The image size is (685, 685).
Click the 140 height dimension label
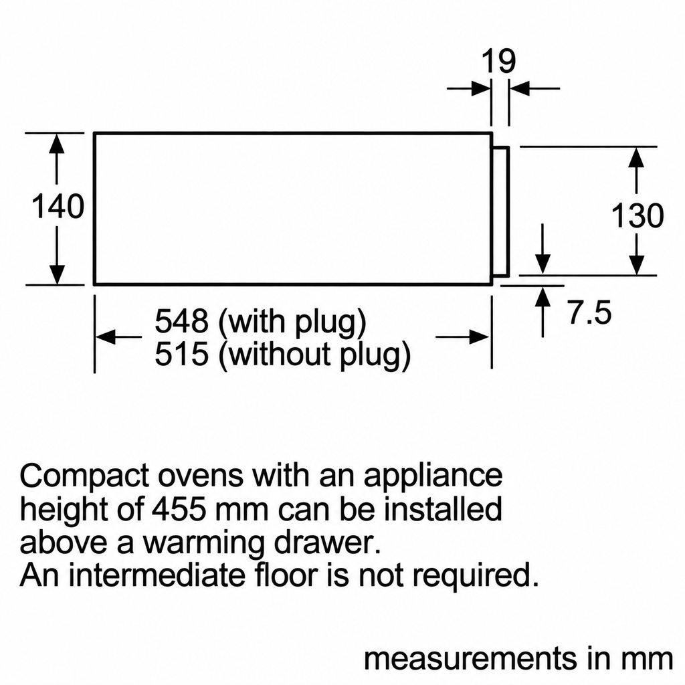coord(58,207)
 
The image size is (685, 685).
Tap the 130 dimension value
coord(638,215)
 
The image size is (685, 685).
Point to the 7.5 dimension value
coord(590,312)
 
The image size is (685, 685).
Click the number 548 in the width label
coord(182,321)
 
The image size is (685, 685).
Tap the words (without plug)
coord(314,356)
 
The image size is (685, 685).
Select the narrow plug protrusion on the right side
coord(501,211)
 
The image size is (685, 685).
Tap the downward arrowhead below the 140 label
coord(57,274)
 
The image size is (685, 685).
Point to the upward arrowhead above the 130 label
coord(638,157)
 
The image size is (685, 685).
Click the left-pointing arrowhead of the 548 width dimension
coord(106,337)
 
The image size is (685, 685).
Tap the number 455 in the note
coord(179,509)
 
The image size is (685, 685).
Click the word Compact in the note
coord(85,476)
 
